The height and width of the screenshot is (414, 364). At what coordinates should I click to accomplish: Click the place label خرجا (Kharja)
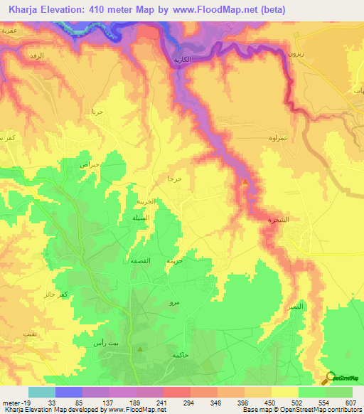pyautogui.click(x=175, y=179)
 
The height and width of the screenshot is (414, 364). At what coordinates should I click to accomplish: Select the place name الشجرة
pyautogui.click(x=277, y=221)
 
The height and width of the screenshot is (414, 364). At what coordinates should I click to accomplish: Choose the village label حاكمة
pyautogui.click(x=179, y=354)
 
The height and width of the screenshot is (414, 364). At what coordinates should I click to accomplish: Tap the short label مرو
pyautogui.click(x=173, y=303)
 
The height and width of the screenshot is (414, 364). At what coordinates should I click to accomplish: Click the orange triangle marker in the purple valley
pyautogui.click(x=245, y=182)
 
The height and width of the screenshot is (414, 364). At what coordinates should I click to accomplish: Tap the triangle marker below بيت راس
pyautogui.click(x=140, y=349)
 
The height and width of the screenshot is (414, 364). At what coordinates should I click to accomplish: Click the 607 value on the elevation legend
pyautogui.click(x=350, y=403)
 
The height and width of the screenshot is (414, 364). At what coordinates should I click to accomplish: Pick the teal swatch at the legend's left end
pyautogui.click(x=41, y=392)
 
